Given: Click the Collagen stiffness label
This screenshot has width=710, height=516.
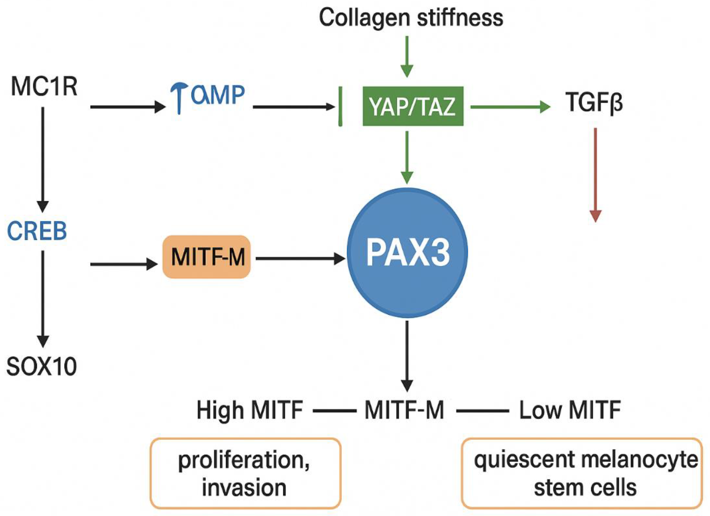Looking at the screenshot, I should [x=411, y=18].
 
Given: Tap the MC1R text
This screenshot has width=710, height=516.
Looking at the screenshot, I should [x=44, y=87].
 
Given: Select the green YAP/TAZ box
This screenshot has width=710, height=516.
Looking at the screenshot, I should [x=413, y=107].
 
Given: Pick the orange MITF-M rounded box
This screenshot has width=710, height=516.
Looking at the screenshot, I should [x=207, y=257].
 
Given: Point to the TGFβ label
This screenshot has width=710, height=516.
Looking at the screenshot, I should [x=594, y=103].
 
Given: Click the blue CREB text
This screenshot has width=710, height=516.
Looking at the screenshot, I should [x=37, y=231].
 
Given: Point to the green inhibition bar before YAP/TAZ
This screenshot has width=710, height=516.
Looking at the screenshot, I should [x=340, y=106].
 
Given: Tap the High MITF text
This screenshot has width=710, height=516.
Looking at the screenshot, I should [x=249, y=410].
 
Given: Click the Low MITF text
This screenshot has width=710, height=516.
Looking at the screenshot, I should [x=570, y=410].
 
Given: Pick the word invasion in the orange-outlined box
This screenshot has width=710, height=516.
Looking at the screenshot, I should [x=244, y=488].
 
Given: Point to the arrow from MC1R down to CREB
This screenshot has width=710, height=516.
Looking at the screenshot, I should [x=43, y=159].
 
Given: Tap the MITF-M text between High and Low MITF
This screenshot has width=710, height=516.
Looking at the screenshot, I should [x=404, y=410].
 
